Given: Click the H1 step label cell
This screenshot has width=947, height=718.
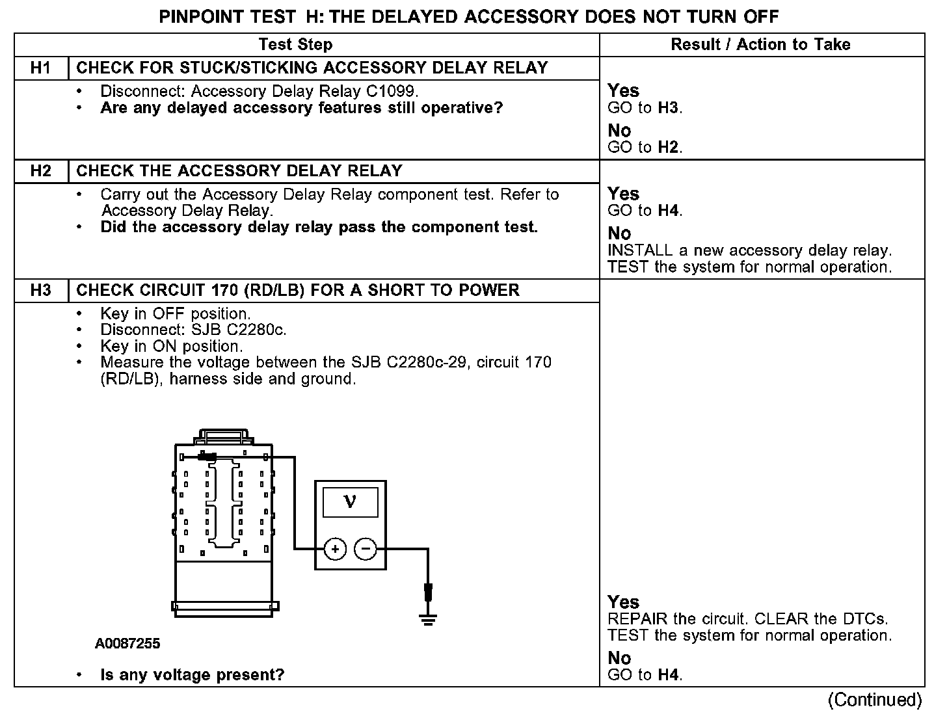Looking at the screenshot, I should [40, 68].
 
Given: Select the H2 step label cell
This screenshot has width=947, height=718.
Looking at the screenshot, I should [40, 171].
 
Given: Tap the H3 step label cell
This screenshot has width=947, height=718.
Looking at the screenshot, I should [40, 291].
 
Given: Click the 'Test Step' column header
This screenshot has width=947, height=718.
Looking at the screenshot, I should [295, 45].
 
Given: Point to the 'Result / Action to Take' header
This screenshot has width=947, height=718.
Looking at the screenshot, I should [760, 45].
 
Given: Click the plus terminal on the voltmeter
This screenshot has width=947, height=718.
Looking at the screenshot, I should [335, 550].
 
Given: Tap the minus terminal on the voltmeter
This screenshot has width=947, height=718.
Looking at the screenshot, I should [366, 550].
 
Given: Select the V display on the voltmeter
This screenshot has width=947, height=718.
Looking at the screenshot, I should [350, 502].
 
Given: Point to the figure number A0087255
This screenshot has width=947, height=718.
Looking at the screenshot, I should [127, 644].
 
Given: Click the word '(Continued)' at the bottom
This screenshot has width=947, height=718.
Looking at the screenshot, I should [875, 700].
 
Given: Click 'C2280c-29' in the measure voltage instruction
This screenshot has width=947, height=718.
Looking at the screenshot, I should [427, 362].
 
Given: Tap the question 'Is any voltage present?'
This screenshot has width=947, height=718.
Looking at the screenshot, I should [193, 675].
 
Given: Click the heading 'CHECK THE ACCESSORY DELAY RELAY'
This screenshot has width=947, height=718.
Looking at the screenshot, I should [239, 171].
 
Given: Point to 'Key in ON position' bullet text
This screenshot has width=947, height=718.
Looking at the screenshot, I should [172, 346].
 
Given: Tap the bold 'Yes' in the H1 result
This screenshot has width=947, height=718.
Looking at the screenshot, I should [623, 91].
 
